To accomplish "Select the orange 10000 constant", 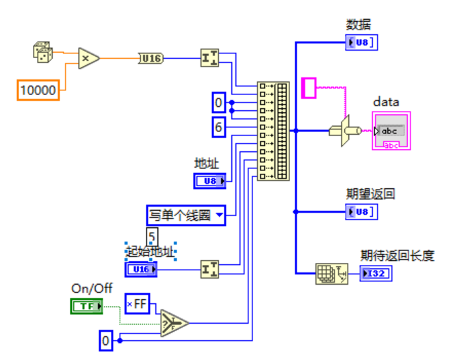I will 38,90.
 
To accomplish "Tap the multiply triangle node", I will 88,59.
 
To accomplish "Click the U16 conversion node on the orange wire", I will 151,59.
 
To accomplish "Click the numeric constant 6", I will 218,126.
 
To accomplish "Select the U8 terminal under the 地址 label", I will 210,181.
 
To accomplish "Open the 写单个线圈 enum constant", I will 185,216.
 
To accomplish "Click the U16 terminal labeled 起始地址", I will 141,270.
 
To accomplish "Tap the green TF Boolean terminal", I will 87,307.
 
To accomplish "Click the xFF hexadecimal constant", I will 137,303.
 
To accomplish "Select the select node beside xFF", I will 174,322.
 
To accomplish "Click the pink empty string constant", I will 309,88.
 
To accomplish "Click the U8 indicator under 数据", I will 361,43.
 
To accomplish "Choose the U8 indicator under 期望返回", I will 361,211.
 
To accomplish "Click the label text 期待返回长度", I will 397,256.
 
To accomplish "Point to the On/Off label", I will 92,289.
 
